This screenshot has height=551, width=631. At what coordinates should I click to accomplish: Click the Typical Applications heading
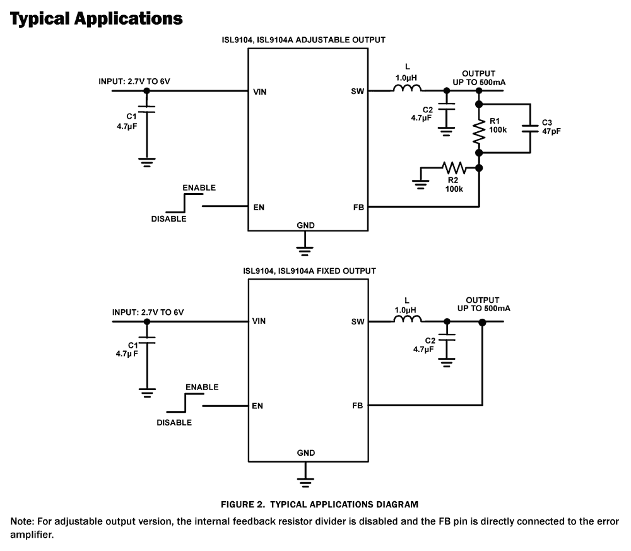click(x=96, y=18)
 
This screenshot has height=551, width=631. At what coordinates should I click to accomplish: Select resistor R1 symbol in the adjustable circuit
click(x=479, y=131)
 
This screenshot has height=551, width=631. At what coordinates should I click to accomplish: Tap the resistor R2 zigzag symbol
click(x=453, y=168)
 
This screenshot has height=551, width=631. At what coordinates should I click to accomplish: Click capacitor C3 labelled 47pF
click(x=530, y=128)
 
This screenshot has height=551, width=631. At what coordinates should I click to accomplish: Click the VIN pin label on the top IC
click(x=259, y=91)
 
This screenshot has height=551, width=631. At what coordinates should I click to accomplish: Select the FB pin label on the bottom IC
click(x=358, y=405)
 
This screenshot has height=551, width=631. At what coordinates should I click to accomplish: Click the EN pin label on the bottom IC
click(x=257, y=406)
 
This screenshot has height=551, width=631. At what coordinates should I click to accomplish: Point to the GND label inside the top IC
click(x=305, y=225)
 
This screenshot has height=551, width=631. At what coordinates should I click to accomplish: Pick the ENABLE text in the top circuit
click(x=198, y=188)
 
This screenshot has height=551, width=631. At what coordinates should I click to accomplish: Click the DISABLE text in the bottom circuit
click(x=174, y=422)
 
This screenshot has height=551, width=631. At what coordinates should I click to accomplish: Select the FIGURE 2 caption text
click(x=319, y=504)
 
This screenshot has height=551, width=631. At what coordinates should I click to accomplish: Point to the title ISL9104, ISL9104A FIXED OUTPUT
click(x=309, y=271)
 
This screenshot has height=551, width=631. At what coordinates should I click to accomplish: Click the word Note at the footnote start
click(x=22, y=521)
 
